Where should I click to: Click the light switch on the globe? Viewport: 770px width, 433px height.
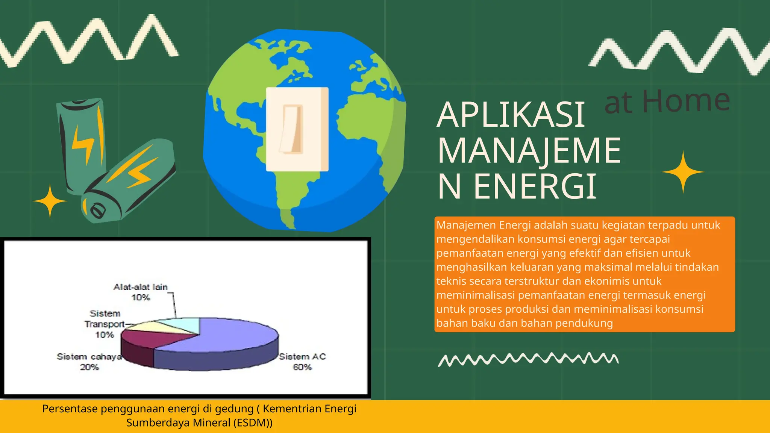click(x=297, y=129)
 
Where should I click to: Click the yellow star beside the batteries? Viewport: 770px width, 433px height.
click(x=50, y=201)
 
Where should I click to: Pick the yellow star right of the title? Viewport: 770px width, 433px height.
click(x=683, y=172)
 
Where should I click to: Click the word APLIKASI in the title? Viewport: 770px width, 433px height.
click(x=511, y=115)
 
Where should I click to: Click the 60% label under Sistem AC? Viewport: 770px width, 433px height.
click(x=302, y=367)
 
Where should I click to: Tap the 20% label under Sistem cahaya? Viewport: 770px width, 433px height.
click(x=89, y=367)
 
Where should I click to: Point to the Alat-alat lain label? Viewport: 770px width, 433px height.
click(x=140, y=287)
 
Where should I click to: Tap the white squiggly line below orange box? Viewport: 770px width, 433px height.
click(x=528, y=359)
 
